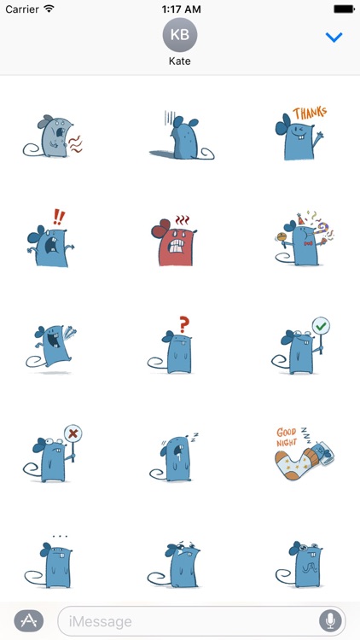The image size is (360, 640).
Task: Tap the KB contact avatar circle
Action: (x=179, y=35)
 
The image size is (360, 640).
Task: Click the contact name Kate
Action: (x=179, y=62)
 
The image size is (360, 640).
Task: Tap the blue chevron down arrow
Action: (x=334, y=38)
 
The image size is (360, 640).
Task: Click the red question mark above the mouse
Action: (x=183, y=325)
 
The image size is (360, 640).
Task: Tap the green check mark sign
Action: (x=321, y=325)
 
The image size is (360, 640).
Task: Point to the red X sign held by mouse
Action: (x=73, y=433)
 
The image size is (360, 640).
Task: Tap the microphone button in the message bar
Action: (x=329, y=620)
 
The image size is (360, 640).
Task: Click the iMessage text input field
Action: (x=188, y=620)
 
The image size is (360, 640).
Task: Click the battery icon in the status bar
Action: (x=343, y=9)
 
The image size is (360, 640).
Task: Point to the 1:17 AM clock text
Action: (x=179, y=9)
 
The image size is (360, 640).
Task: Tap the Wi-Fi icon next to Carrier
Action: (x=49, y=9)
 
